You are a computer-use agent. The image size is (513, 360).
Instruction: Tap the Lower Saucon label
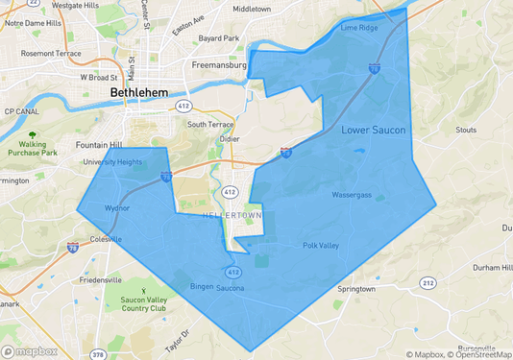tap(374, 130)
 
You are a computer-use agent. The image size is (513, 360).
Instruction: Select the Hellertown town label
tap(232, 215)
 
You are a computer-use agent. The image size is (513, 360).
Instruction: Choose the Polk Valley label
tap(321, 246)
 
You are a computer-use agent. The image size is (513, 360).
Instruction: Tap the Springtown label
tap(355, 288)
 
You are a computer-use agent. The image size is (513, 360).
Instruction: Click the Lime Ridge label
tap(359, 29)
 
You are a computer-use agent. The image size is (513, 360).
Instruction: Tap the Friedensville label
tap(99, 280)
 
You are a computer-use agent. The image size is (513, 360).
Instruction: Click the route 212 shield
tap(428, 282)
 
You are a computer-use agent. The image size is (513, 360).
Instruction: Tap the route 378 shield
tap(98, 354)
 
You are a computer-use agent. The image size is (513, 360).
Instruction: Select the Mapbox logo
tap(29, 350)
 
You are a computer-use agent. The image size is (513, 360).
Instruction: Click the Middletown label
tap(252, 9)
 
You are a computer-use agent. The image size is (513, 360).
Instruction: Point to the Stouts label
tap(466, 129)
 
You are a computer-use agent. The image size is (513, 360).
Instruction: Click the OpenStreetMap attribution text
tap(480, 354)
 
